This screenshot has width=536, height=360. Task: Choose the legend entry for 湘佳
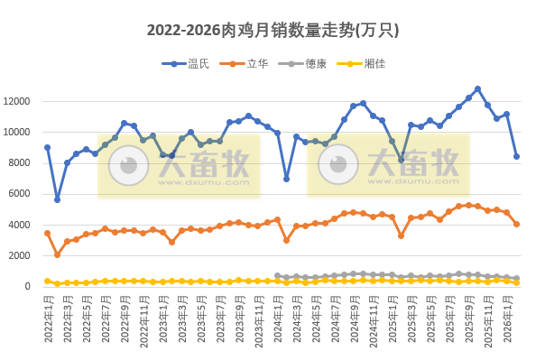387,63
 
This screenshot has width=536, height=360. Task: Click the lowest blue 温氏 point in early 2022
57,199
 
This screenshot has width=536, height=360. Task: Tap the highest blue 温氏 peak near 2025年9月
477,89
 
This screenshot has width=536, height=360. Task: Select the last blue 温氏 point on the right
516,156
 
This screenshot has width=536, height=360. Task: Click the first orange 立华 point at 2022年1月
47,233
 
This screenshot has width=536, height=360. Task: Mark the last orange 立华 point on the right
516,224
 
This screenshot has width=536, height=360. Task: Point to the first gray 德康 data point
277,276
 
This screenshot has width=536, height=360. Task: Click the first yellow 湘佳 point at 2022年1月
47,281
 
